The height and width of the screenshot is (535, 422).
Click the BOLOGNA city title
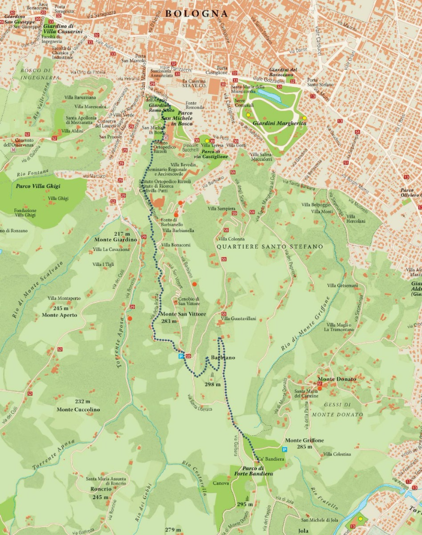[x=196, y=14]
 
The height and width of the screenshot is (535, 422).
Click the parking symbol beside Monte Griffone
[x=285, y=449]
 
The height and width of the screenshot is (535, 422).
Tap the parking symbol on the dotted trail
[x=181, y=356]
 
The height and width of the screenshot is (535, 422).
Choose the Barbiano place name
[x=220, y=358]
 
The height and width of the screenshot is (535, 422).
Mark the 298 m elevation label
[x=213, y=384]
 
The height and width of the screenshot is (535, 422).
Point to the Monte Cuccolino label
[x=78, y=409]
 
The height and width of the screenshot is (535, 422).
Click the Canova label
[x=221, y=483]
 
